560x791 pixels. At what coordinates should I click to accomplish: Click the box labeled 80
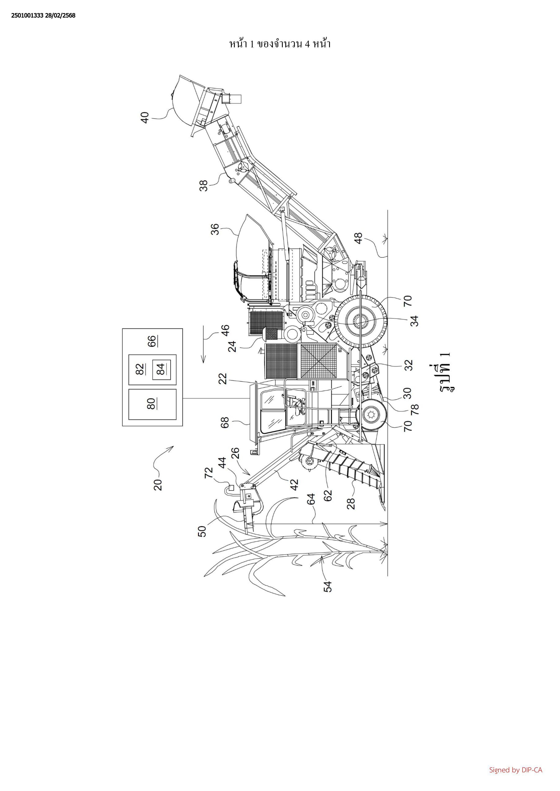click(x=152, y=404)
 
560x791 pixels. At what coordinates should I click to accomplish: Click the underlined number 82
click(x=140, y=370)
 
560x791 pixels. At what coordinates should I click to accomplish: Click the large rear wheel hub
click(x=361, y=322)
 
